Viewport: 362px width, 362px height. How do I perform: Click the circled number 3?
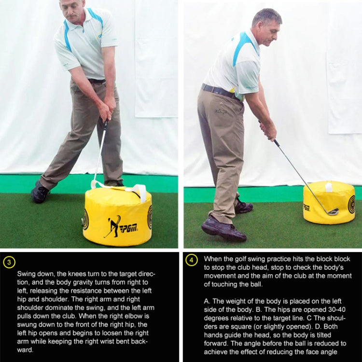coord(9,262)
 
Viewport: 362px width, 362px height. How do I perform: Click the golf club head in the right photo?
coord(332,211)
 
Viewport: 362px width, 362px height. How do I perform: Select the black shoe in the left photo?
coord(40,194)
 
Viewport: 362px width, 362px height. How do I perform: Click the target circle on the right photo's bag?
coord(352,204)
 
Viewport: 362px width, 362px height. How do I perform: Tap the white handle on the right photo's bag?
coord(329,187)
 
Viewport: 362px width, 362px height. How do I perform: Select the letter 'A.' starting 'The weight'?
coord(207,301)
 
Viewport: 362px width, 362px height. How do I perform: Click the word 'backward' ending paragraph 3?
coord(140,341)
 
